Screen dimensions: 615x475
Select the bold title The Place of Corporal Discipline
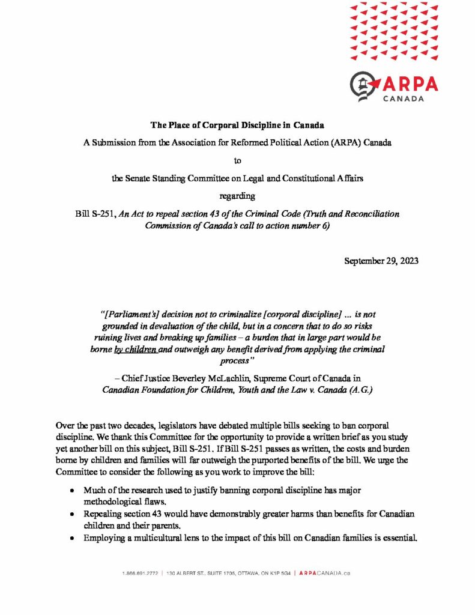[237, 126]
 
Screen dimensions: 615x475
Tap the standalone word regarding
[237, 196]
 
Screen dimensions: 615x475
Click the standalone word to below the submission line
[237, 160]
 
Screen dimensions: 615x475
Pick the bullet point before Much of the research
[72, 491]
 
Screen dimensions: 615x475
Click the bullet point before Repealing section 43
[72, 515]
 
